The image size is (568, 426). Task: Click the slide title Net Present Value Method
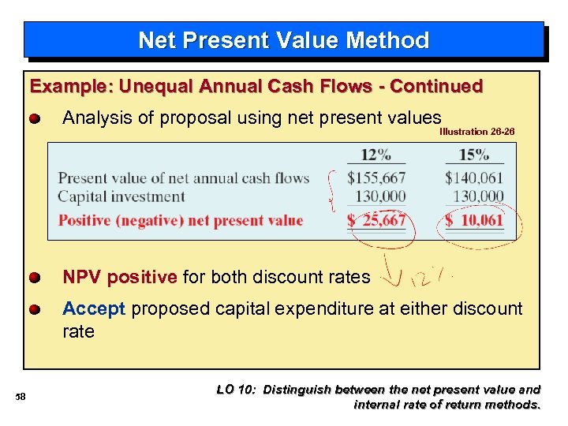(283, 40)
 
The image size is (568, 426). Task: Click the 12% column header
(376, 155)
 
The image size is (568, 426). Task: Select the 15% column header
(473, 155)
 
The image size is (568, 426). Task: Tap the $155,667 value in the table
(376, 177)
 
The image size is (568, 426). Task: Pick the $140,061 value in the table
(473, 177)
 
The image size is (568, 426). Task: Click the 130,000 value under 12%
(380, 196)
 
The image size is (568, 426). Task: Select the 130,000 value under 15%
(478, 196)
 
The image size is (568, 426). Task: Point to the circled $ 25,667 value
(376, 220)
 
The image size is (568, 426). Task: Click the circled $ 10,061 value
(473, 220)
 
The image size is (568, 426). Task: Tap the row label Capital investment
(121, 196)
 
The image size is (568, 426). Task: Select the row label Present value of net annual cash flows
(183, 177)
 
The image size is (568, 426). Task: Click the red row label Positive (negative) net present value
(181, 220)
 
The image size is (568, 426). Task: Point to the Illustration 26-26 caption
(476, 132)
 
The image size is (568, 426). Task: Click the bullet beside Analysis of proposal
(35, 119)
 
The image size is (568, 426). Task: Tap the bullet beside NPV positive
(35, 278)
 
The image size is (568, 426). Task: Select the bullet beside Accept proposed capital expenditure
(35, 309)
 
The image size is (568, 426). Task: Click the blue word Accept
(94, 308)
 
